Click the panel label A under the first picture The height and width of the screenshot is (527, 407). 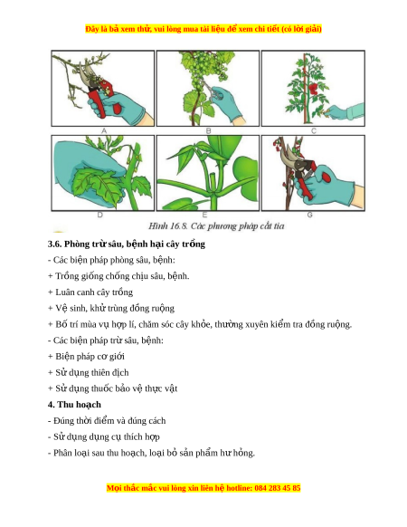click(x=104, y=131)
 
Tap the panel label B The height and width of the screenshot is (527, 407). click(x=209, y=131)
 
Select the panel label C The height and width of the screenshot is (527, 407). click(x=314, y=131)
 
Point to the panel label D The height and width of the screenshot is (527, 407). click(x=100, y=216)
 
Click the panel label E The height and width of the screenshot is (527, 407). click(x=204, y=216)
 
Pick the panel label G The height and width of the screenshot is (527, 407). click(x=309, y=216)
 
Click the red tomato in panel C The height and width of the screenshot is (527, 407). click(x=313, y=89)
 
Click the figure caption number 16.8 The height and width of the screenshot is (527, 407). click(x=179, y=225)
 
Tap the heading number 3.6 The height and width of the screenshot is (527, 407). click(x=55, y=244)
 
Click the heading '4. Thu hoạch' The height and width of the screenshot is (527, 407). click(x=74, y=405)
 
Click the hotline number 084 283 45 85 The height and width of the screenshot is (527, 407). click(x=278, y=488)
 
